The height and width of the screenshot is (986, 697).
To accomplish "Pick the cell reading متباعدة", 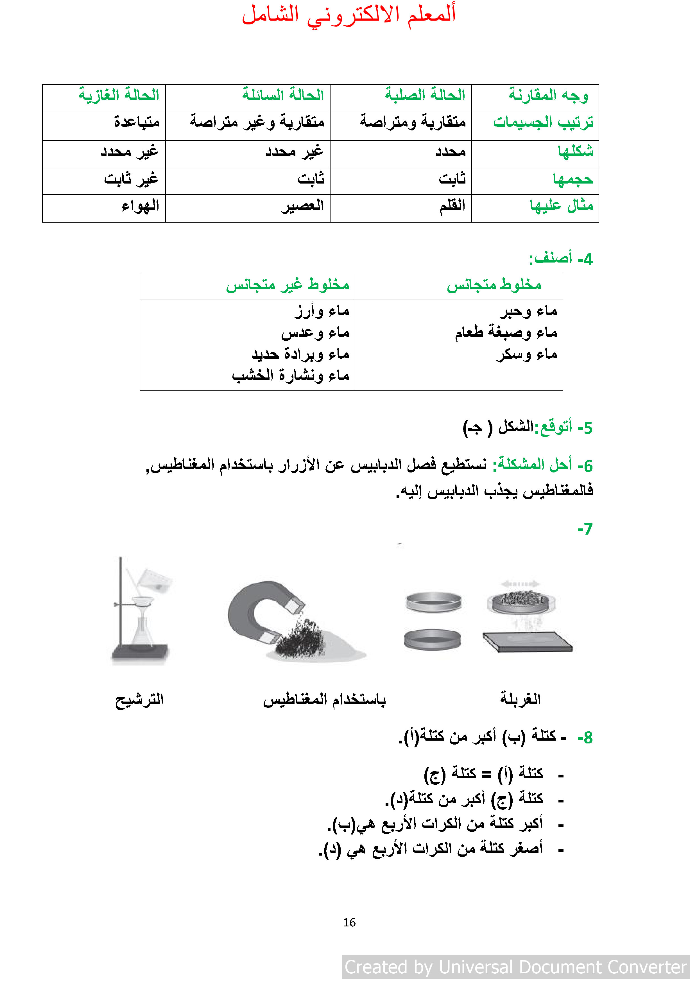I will coord(137,122).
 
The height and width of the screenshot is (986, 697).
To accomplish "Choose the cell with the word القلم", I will coord(452,206).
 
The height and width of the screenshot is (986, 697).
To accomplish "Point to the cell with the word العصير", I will coord(303,206).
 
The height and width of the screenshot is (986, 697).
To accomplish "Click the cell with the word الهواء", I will coord(141,206).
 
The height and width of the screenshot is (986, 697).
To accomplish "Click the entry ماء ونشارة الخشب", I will coord(290,376).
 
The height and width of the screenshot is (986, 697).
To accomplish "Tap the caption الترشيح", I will coord(140,700).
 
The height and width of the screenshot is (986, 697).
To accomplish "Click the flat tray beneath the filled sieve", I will coord(527,641).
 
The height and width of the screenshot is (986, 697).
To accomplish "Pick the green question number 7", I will coord(585,529).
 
